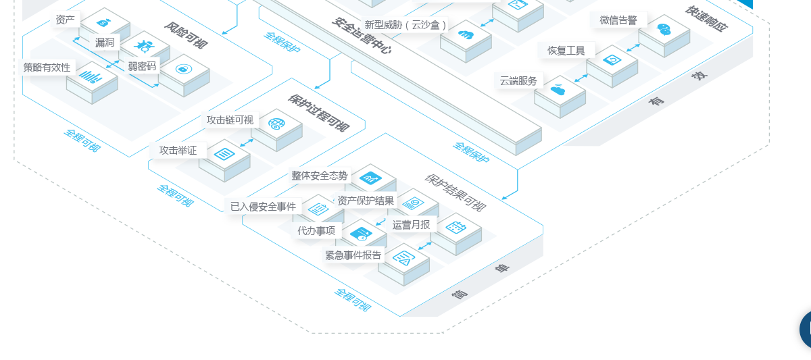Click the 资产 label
click(x=66, y=20)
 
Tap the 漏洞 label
click(x=105, y=43)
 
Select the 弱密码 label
click(x=142, y=66)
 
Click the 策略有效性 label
click(x=47, y=68)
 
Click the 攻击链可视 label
click(x=230, y=120)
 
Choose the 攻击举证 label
click(x=178, y=151)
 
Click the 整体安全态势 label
click(x=320, y=176)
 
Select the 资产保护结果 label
click(x=366, y=201)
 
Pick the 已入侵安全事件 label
click(x=263, y=207)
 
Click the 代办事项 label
click(x=316, y=231)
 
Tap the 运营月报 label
click(x=411, y=224)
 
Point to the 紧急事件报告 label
click(x=353, y=255)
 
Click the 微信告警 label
click(x=618, y=20)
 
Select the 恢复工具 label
click(x=566, y=51)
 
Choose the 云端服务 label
click(x=518, y=81)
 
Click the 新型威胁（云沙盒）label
click(x=405, y=25)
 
